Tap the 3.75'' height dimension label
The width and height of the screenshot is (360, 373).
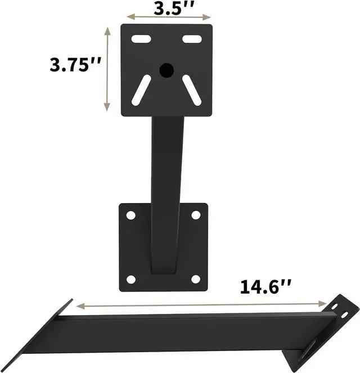click(x=75, y=65)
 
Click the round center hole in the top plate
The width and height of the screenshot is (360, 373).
click(x=166, y=70)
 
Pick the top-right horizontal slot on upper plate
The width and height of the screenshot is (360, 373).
click(x=192, y=40)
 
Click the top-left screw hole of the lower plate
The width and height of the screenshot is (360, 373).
click(x=130, y=215)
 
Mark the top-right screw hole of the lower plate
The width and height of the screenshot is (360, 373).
click(x=196, y=215)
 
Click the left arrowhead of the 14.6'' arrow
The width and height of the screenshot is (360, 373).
click(x=79, y=306)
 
